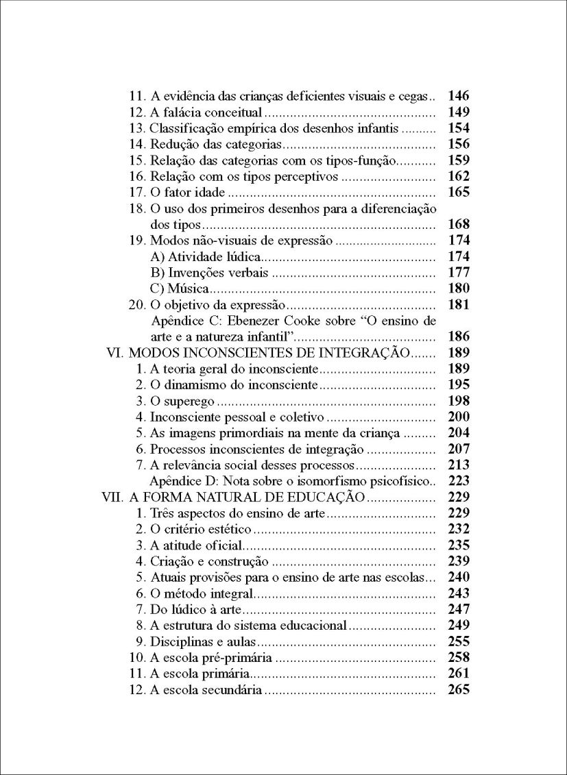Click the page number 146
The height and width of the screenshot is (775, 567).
[458, 96]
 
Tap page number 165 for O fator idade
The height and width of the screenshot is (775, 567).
[458, 193]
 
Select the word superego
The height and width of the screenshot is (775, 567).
[189, 401]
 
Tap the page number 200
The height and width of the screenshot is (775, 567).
[458, 417]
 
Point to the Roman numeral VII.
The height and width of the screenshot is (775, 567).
[112, 497]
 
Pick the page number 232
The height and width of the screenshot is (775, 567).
[458, 529]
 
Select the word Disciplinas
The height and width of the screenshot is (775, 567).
[178, 641]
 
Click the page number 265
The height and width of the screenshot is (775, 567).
[458, 690]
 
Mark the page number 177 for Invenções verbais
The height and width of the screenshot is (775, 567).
[458, 273]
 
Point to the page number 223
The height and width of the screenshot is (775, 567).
[458, 480]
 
